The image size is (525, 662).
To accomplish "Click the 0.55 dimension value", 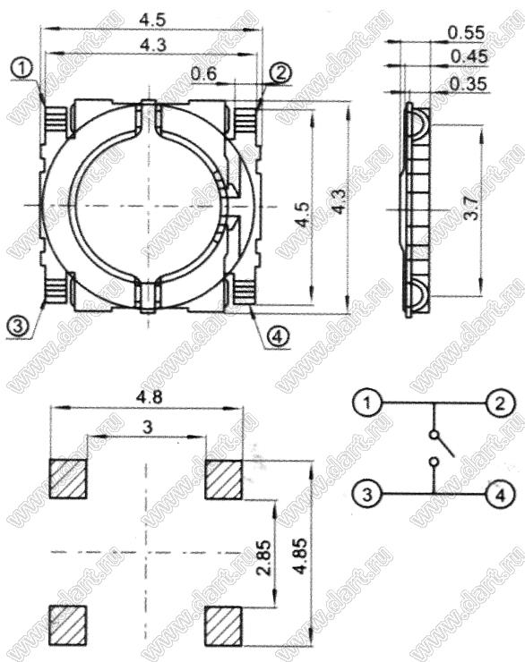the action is (x=466, y=32).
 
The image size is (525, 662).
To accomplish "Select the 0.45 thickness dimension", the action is (x=469, y=56).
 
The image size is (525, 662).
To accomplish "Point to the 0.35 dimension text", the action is (x=469, y=84).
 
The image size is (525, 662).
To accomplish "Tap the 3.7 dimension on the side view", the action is (x=473, y=208).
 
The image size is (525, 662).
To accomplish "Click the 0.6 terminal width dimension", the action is (x=203, y=74).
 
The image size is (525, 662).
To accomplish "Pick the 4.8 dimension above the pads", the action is (x=150, y=397).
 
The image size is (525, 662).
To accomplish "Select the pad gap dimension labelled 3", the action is (x=147, y=428).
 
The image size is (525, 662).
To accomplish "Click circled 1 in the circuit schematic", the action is (x=367, y=403).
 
